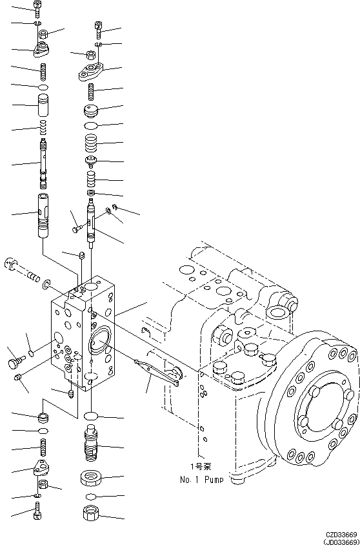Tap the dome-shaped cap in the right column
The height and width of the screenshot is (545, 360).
93,108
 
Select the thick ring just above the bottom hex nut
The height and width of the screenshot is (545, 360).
92,478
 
